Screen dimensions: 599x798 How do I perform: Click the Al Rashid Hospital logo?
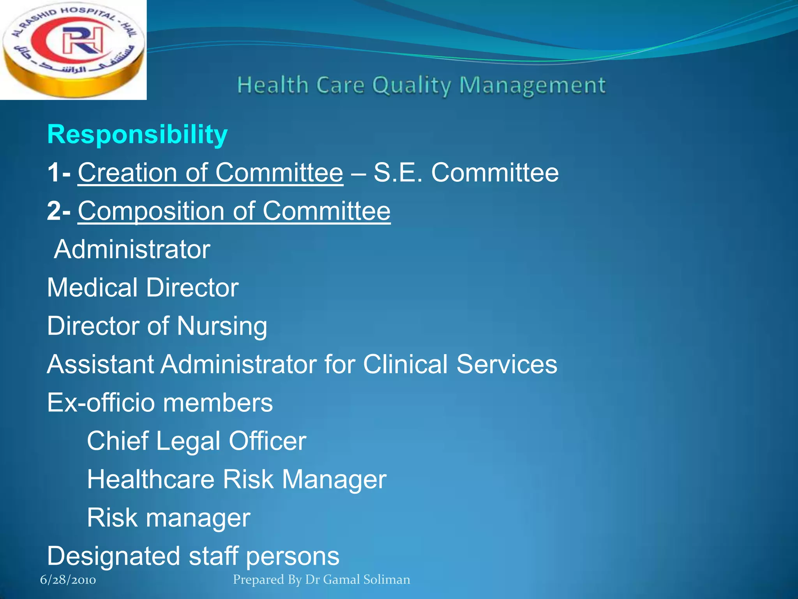click(x=73, y=50)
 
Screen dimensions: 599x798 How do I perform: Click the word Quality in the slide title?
click(x=411, y=85)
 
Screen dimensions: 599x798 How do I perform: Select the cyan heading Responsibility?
click(x=137, y=135)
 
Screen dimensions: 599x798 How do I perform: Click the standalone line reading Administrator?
click(x=132, y=249)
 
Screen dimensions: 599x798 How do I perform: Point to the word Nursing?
click(x=222, y=326)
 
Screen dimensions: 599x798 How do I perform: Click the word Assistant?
click(x=101, y=364)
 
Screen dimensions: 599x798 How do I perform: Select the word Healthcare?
click(x=150, y=479)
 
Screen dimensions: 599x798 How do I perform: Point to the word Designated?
click(x=113, y=556)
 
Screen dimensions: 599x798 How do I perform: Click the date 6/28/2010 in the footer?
click(x=68, y=580)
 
